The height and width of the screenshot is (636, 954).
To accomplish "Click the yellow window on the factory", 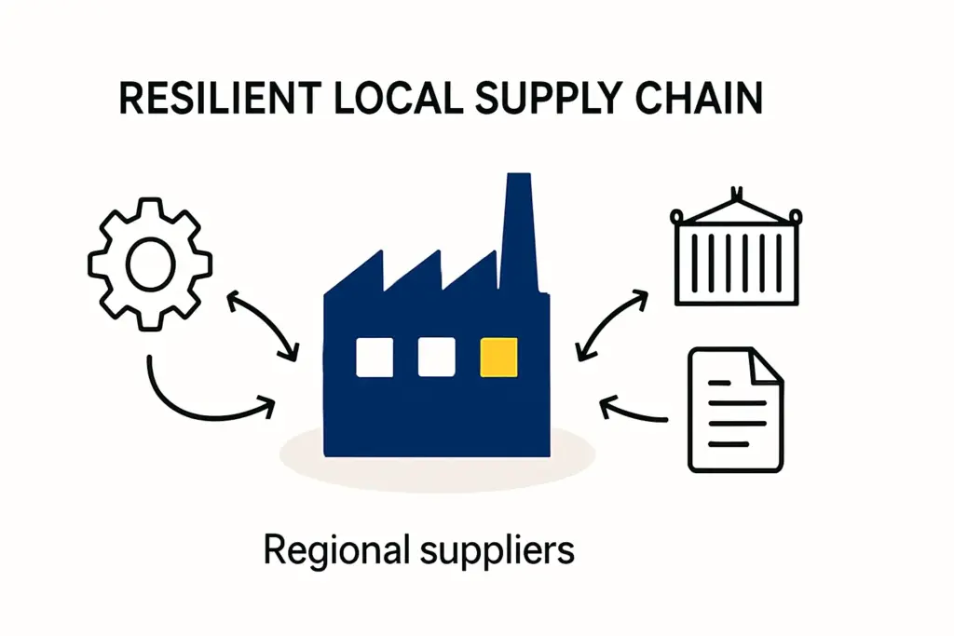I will point(497,358).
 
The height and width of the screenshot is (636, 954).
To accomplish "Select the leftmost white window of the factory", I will point(375,358).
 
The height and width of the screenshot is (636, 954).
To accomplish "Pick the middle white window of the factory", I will point(436,358).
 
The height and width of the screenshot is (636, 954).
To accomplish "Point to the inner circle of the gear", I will point(149,264).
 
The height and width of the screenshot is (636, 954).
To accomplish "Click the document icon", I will point(735,410).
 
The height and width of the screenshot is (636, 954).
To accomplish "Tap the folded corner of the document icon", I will point(767,365).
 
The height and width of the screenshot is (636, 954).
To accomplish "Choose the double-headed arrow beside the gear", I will point(263,325).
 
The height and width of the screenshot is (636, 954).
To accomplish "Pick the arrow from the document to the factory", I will point(634,409).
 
